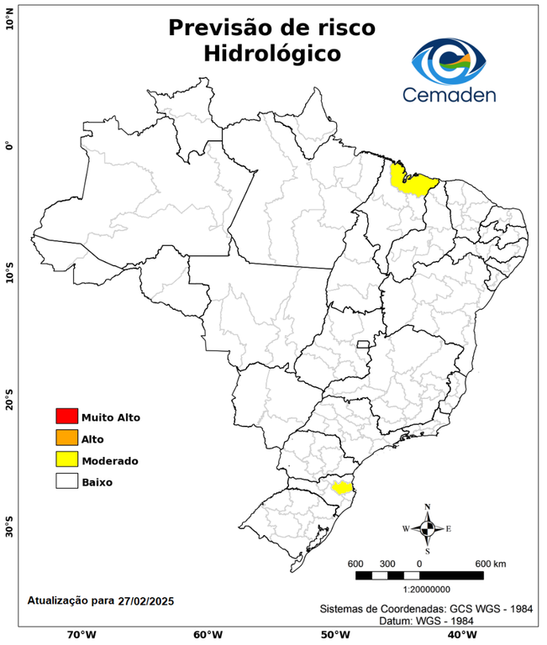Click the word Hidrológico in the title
coord(272,54)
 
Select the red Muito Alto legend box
coord(66,416)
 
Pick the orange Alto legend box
coord(66,438)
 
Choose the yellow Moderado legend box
coord(66,459)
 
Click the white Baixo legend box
coord(66,481)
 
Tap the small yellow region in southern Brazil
coord(341,487)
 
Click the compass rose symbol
coord(427,528)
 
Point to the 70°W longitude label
coord(81,634)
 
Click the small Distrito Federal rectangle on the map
coord(364,344)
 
